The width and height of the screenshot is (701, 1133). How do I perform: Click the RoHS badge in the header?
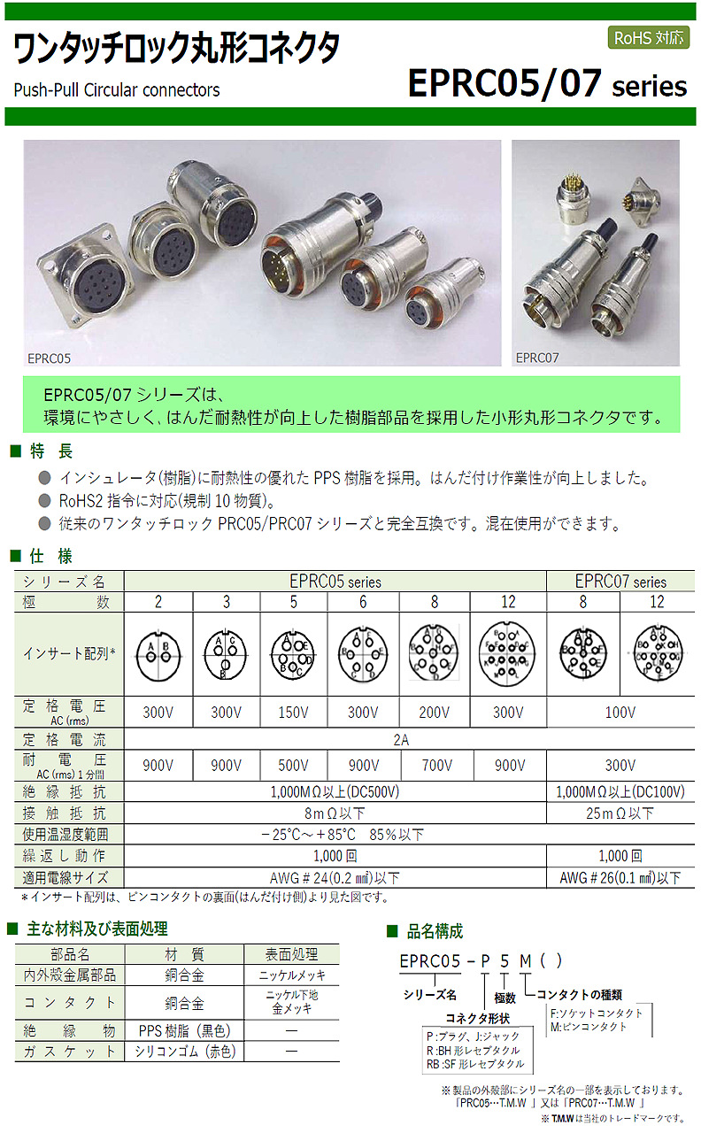(648, 38)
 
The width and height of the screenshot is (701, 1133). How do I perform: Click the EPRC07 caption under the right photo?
(535, 358)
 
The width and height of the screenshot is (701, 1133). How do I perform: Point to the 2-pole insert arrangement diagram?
(158, 655)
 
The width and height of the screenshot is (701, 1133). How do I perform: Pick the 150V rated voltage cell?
(293, 712)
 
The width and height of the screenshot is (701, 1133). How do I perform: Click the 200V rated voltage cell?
(435, 712)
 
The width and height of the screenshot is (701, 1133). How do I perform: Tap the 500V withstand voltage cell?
(293, 765)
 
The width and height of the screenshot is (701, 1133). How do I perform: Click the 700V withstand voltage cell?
(435, 765)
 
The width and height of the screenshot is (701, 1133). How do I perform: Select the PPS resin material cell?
(184, 1029)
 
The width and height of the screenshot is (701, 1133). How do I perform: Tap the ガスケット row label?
(70, 1052)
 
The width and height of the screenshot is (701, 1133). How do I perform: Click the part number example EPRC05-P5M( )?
(481, 962)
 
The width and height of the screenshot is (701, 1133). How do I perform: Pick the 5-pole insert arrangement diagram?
(293, 655)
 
